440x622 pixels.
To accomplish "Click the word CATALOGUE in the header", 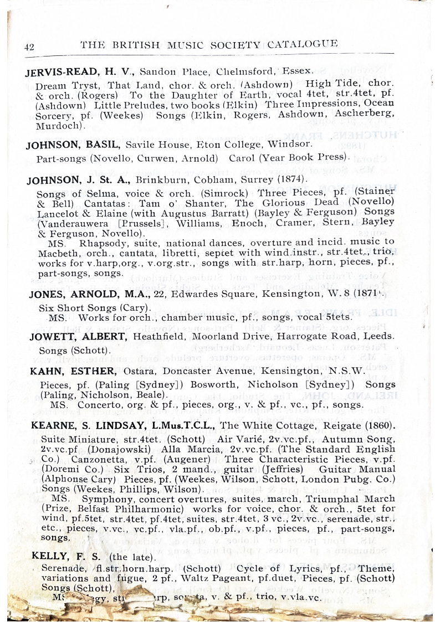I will [x=303, y=44].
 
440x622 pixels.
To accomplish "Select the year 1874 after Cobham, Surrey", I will [x=291, y=180].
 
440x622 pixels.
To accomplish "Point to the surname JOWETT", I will [x=52, y=337].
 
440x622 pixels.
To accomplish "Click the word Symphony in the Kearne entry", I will [x=94, y=498].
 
